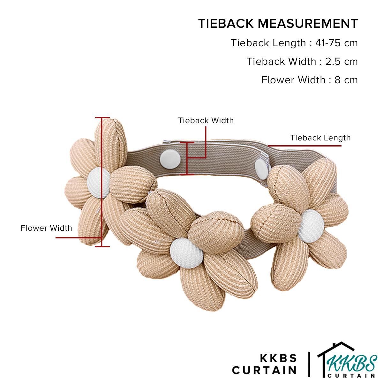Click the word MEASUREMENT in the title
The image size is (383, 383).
point(308,24)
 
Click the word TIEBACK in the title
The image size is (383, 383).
point(226,24)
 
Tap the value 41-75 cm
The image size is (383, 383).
point(336,43)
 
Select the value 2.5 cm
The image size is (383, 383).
point(342,61)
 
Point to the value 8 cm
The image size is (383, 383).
point(346,80)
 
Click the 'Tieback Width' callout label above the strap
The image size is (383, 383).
point(206,121)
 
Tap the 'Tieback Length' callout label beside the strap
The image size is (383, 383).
point(320,138)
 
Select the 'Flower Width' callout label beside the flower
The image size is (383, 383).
point(46,228)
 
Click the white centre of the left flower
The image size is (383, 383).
point(99,183)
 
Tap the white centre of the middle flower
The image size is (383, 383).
point(186,253)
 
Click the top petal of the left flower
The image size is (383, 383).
point(111,143)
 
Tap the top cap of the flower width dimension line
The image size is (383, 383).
point(102,117)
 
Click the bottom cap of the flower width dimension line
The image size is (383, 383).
point(102,247)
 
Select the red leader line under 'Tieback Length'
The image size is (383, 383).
point(304,146)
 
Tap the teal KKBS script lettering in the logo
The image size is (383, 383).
point(352,364)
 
